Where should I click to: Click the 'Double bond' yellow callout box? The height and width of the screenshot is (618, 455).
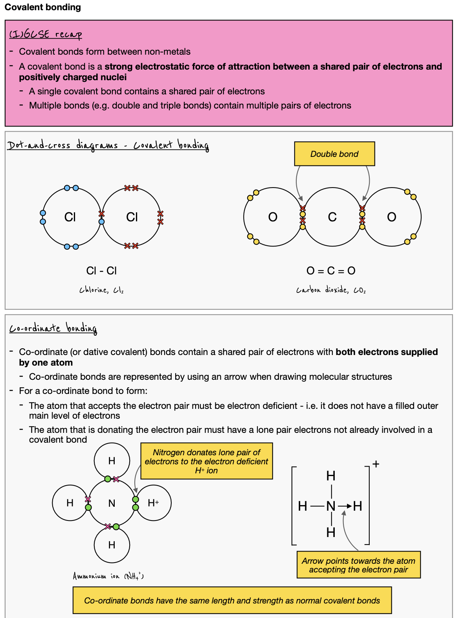(334, 154)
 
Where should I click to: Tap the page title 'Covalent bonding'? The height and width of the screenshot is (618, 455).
(43, 7)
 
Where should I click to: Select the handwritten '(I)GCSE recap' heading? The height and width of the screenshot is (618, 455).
(46, 34)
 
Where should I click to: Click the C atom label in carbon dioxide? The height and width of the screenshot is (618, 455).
(332, 217)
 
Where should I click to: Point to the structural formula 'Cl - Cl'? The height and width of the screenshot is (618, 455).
(101, 270)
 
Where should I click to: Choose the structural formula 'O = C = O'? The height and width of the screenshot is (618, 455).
(331, 270)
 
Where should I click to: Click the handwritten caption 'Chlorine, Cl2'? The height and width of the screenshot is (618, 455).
(101, 290)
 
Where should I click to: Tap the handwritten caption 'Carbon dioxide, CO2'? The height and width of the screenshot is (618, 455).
(331, 290)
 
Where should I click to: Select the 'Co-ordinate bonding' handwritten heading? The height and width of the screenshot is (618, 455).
(53, 328)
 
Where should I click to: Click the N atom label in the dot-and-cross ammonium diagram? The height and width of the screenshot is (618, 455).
(112, 503)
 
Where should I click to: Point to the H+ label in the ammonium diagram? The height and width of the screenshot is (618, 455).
(153, 503)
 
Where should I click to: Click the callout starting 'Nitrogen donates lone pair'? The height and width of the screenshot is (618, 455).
(206, 461)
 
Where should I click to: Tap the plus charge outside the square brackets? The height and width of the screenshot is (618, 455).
(376, 464)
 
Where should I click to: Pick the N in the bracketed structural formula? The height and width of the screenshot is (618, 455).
(331, 506)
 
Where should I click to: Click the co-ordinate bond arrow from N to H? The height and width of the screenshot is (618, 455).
(345, 506)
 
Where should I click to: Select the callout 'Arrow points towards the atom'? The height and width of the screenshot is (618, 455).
(358, 565)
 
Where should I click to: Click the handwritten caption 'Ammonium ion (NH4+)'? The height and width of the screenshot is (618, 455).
(108, 576)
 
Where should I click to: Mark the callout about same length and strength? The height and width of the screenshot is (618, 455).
(232, 600)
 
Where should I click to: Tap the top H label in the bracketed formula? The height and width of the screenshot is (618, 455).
(331, 476)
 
